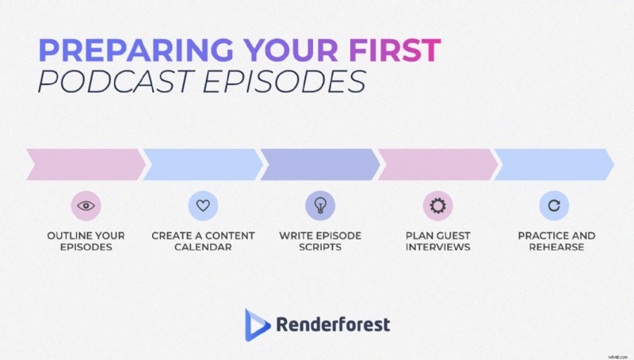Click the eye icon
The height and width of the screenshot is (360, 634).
(x=85, y=205)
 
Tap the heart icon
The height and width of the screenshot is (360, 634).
(x=202, y=205)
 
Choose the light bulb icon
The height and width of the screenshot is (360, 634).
(x=320, y=205)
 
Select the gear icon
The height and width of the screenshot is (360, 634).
(x=437, y=205)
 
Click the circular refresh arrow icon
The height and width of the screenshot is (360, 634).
(x=554, y=205)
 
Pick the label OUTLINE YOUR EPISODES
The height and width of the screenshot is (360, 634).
(x=85, y=241)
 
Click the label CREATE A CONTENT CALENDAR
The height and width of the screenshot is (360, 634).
(x=203, y=241)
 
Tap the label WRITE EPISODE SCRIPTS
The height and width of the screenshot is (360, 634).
(x=320, y=241)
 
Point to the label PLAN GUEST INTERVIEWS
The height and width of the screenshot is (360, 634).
(x=437, y=241)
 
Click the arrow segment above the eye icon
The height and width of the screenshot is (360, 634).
(x=85, y=164)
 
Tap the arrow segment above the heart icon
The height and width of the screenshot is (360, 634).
(x=202, y=164)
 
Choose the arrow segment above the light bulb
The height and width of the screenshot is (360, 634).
(x=320, y=164)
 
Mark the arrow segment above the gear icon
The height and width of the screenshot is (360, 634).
(x=437, y=164)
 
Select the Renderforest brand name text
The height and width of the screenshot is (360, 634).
(x=333, y=324)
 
